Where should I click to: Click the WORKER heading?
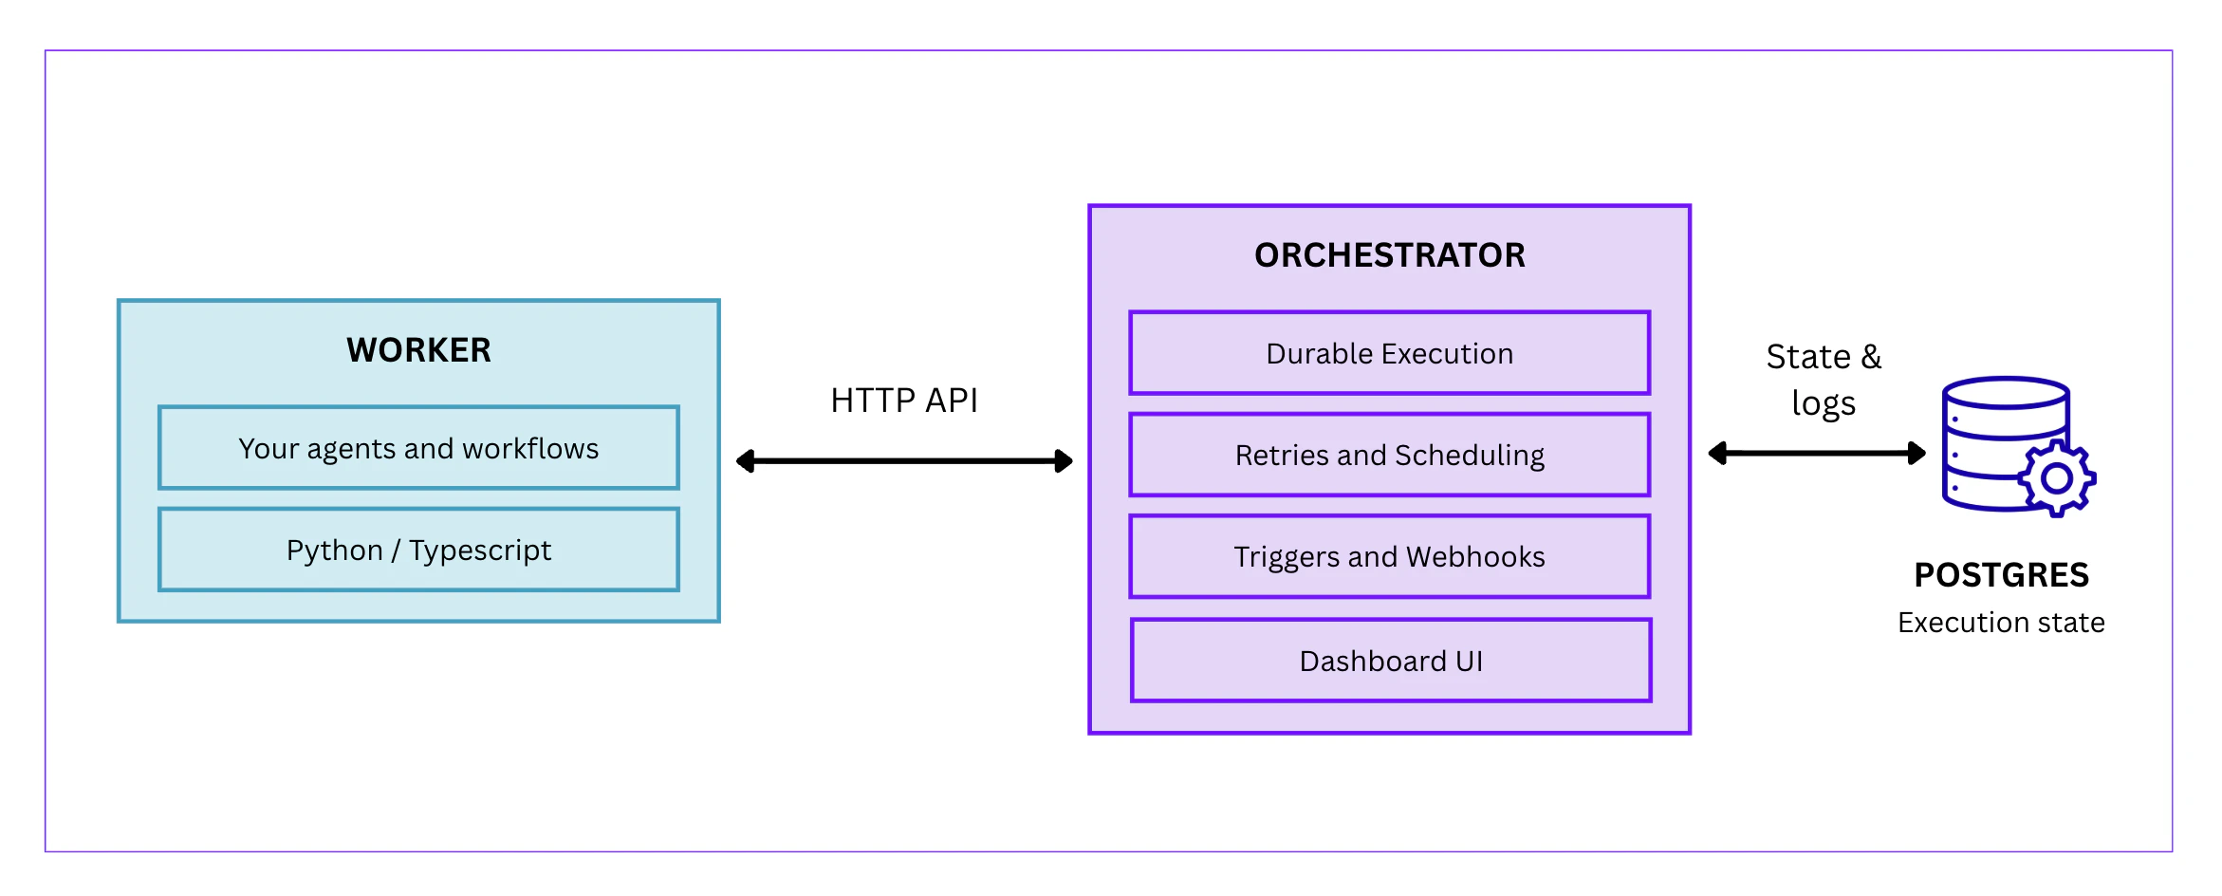pos(418,350)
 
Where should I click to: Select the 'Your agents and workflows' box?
pos(418,448)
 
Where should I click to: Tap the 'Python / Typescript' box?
pos(418,550)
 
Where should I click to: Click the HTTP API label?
pos(903,401)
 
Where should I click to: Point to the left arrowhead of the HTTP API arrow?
pos(746,461)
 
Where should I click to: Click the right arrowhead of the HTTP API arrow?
pos(1064,461)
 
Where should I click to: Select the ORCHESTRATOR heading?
pos(1389,255)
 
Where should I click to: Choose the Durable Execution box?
pos(1389,353)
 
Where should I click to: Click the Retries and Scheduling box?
pos(1389,455)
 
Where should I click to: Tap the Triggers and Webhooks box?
pos(1389,556)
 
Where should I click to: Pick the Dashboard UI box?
pos(1391,661)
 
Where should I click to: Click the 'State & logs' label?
pos(1823,380)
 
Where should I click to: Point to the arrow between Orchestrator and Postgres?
pos(1817,453)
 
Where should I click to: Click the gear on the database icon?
pos(2056,477)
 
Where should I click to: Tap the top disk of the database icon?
pos(2005,392)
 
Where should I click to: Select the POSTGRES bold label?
pos(2001,575)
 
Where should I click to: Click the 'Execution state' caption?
pos(2001,623)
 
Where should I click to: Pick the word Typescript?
pos(480,550)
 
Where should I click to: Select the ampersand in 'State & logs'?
pos(1871,357)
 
